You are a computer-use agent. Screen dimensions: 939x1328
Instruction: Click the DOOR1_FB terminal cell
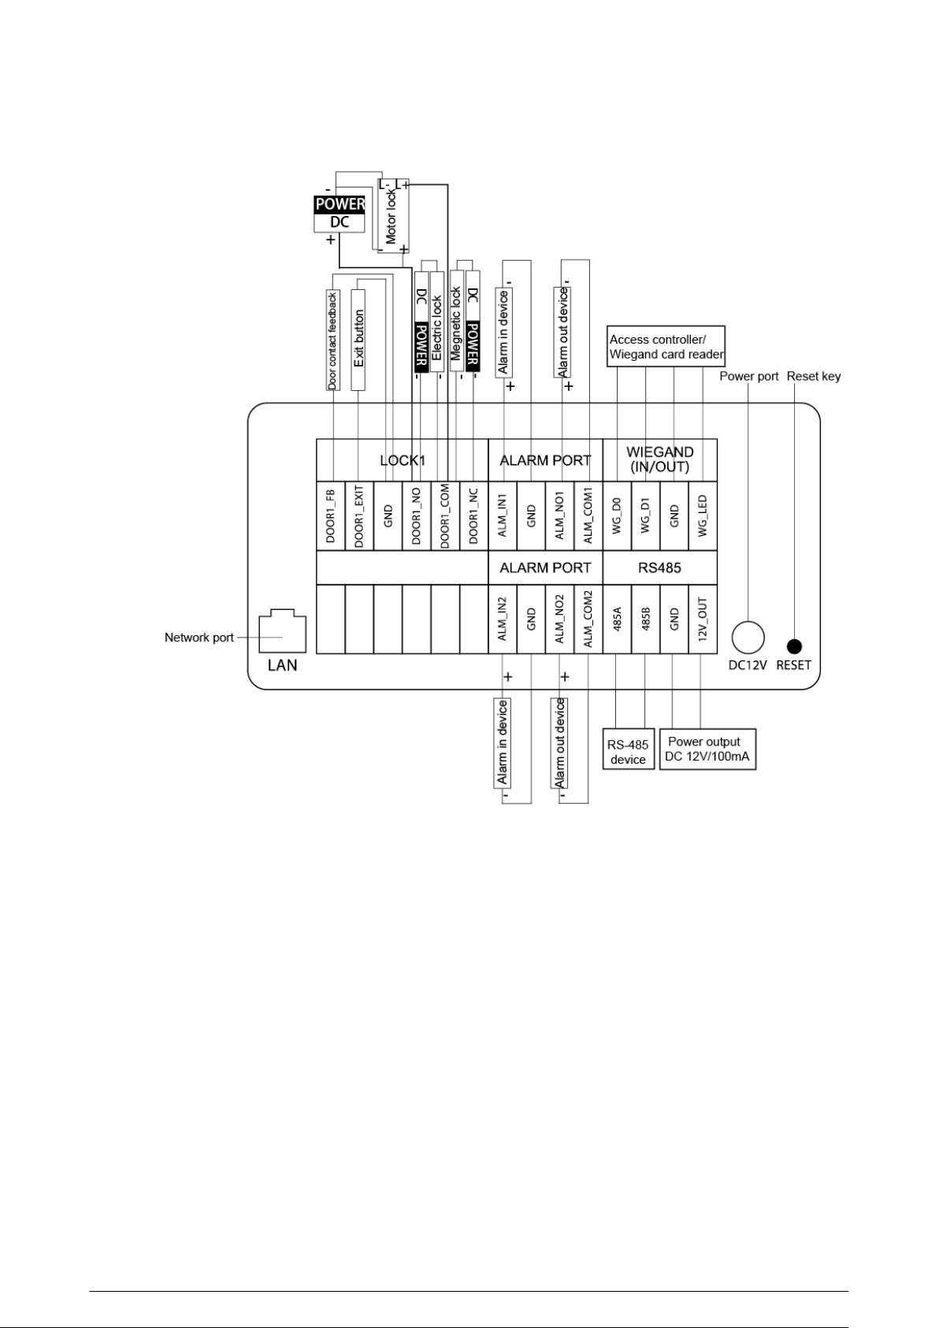331,515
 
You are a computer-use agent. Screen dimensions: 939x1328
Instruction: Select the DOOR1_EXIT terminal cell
359,515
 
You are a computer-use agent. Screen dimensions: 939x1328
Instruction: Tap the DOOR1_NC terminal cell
474,515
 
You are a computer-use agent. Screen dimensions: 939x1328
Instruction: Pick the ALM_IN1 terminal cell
503,515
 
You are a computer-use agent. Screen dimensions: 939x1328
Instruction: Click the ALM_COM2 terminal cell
588,619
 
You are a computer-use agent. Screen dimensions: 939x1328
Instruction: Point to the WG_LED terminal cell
703,515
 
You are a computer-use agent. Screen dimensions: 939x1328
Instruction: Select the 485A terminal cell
618,619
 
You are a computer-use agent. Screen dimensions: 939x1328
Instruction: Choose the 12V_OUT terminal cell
703,619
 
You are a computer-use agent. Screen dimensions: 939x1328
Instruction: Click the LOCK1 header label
403,460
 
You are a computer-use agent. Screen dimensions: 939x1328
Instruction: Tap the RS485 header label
659,568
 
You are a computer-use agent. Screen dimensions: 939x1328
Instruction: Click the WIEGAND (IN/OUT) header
660,459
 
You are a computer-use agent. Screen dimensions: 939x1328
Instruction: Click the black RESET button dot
794,646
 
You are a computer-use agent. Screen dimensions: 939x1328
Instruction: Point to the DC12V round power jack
748,638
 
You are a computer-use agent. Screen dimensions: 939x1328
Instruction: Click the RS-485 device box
629,749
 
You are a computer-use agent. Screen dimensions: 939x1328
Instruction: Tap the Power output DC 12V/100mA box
707,749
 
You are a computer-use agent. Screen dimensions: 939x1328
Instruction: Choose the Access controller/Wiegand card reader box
666,346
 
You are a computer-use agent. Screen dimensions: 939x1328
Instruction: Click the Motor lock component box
393,216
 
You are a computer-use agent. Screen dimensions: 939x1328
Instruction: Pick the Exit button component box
358,340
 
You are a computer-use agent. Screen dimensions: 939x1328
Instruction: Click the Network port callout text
199,638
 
